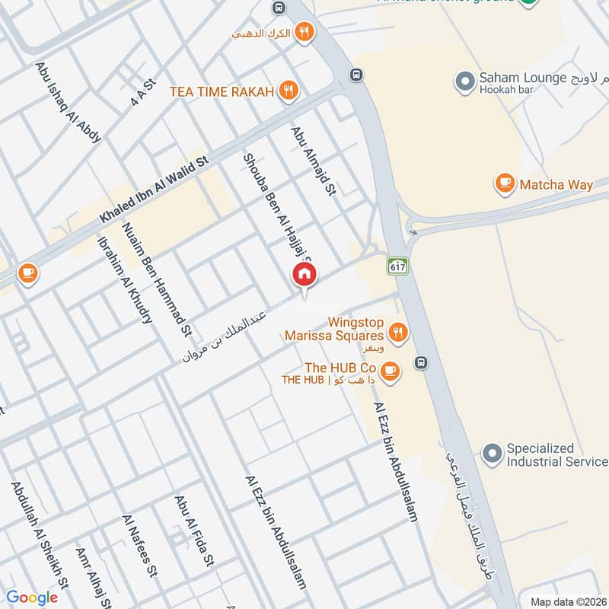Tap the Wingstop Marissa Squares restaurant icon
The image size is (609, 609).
pos(396,332)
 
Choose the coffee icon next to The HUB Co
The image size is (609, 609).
pos(391,370)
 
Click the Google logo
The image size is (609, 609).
pos(32,598)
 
